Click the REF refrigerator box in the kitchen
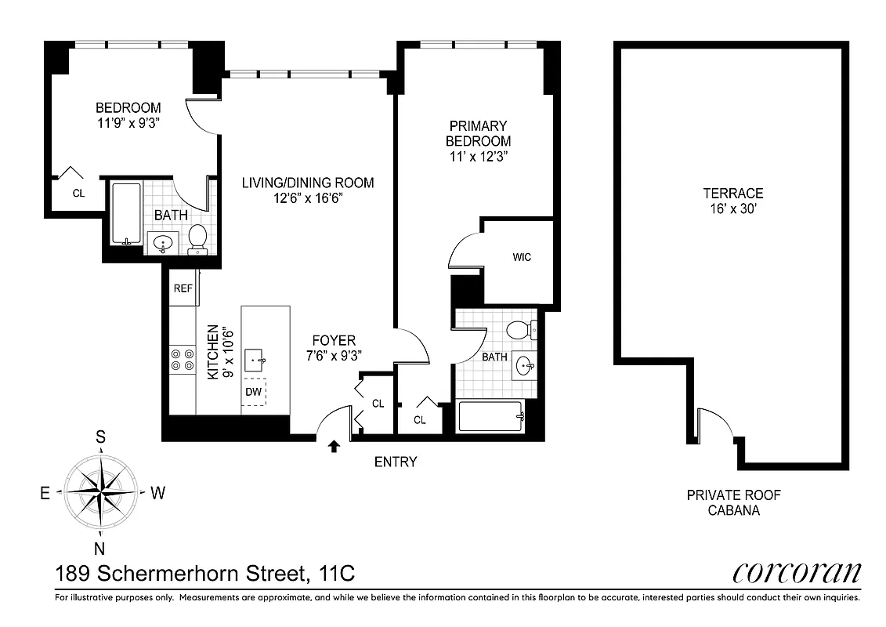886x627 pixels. pos(183,288)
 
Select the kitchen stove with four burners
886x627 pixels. pos(183,360)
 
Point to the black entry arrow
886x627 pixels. pos(334,447)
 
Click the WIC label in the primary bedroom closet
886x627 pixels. pos(522,257)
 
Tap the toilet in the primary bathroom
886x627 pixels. pos(519,329)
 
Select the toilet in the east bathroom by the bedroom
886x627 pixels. pos(197,238)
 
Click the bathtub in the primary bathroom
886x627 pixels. pos(490,417)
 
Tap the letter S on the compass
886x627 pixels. pos(101,438)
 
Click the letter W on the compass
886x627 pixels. pos(157,493)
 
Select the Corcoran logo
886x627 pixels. pos(796,573)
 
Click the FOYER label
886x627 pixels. pos(334,341)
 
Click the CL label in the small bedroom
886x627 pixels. pos(78,192)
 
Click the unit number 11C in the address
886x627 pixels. pos(337,574)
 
